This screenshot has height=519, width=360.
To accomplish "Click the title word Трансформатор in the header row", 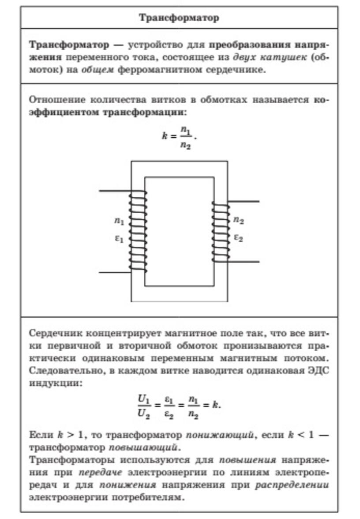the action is pos(179,18).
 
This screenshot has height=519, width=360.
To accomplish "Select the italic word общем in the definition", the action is pos(97,70).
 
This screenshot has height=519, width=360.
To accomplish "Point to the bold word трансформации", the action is pos(144,112).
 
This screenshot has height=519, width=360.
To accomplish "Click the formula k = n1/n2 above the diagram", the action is pos(179,137).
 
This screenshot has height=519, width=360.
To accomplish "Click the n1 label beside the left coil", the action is pos(119,221).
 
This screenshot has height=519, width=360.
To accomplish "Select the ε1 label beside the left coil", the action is pos(119,238).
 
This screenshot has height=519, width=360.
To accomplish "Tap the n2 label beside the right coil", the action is pos(239,220).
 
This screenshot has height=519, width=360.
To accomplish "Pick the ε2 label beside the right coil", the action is pos(239,237).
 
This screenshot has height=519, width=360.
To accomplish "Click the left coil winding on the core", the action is pos(138,231).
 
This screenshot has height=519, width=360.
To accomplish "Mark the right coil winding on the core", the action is pos(221,232).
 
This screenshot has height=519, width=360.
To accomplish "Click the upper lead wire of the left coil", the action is pos(116,191).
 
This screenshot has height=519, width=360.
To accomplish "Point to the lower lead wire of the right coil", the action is pos(244,262).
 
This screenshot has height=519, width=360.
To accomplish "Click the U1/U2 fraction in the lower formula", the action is pos(144,406).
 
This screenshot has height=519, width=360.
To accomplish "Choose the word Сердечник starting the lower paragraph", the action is pos(56,333).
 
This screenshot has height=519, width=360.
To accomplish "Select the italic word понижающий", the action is pos(221,435).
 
